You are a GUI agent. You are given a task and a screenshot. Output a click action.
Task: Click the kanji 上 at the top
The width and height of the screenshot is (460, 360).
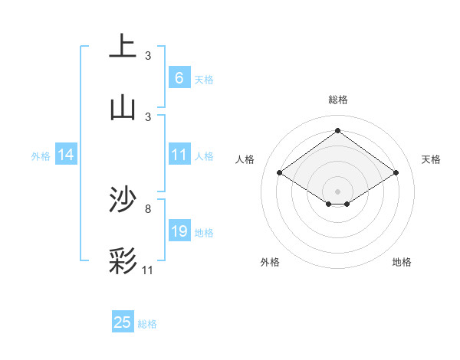pos(122,46)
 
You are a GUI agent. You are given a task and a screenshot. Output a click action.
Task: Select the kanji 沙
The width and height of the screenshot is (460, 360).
pos(122,201)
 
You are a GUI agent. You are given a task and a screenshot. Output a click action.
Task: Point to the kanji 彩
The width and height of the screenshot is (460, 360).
pos(122,261)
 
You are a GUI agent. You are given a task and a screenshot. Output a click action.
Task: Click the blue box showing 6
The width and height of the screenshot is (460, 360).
pos(179,77)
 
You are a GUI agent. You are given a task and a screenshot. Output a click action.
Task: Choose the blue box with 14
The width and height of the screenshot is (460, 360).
pos(66,155)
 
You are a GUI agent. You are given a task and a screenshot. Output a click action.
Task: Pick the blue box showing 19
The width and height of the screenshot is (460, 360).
pos(179,231)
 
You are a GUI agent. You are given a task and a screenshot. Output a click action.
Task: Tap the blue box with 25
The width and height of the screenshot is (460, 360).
pos(123,322)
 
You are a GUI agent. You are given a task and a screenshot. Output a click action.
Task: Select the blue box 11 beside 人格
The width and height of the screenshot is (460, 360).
pos(179,155)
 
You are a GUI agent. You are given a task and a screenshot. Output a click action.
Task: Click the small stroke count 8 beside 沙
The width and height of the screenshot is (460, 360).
pos(148,208)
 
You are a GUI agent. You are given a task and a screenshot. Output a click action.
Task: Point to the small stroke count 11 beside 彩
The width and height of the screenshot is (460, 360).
pos(148,270)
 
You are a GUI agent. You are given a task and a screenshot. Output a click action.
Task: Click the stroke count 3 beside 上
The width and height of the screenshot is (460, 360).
pos(148,55)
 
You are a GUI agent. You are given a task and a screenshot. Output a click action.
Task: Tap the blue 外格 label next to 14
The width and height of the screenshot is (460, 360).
pos(41,155)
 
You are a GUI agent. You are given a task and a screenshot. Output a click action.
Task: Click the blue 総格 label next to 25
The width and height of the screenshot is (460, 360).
pos(147,324)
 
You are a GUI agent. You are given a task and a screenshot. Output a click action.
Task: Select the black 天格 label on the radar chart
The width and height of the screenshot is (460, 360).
pos(431,159)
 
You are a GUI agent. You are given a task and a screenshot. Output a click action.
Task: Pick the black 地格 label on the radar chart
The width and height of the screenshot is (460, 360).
pos(402,262)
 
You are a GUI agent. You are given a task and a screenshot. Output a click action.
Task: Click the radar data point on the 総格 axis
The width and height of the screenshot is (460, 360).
pos(337,130)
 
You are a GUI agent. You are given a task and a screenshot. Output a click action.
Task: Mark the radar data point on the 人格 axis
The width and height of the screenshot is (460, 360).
pos(280,173)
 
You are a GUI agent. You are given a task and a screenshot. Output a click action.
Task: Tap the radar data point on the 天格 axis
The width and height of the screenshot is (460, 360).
pos(396,173)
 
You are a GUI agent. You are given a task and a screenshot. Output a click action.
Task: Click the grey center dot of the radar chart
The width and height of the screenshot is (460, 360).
pos(337,191)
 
